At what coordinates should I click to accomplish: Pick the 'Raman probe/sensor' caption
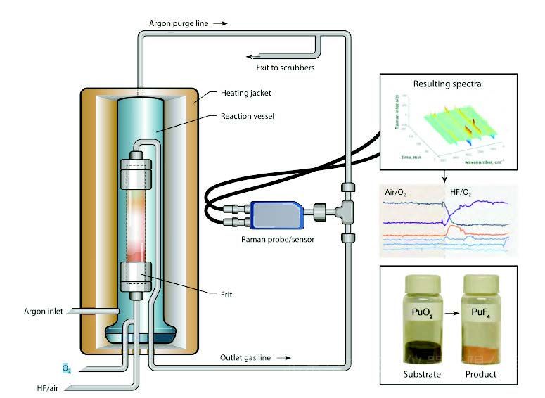click(275, 240)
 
